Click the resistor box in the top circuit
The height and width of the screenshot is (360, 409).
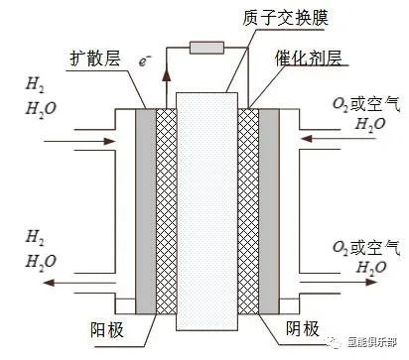pos(205,47)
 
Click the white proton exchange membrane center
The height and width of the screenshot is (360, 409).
pos(205,208)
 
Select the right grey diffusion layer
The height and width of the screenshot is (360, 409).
pos(267,208)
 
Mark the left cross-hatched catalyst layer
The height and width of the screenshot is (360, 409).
pos(163,208)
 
